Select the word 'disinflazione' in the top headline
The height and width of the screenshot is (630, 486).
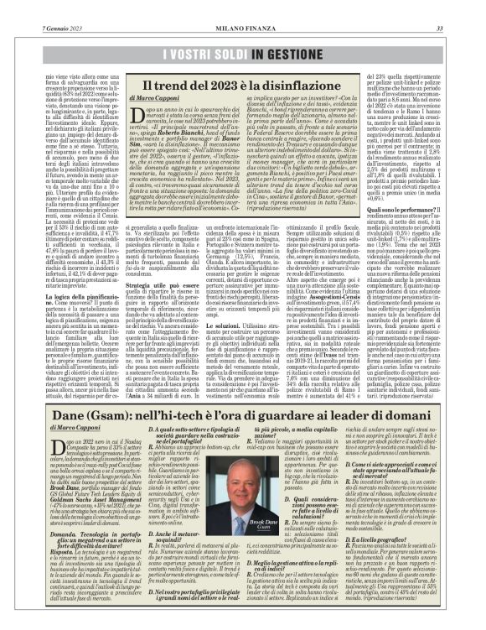(309, 85)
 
